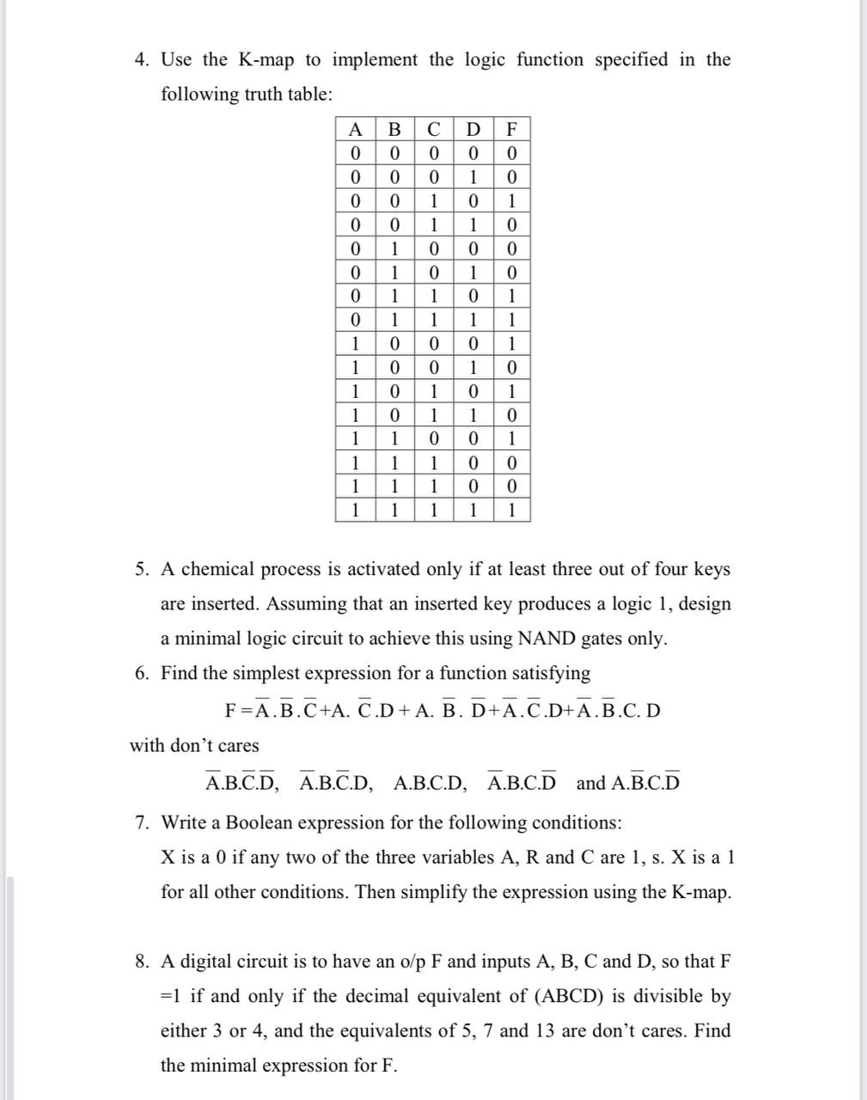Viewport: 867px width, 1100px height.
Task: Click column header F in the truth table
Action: [x=512, y=130]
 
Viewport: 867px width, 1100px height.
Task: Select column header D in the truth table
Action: [x=473, y=130]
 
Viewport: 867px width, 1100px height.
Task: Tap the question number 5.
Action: [x=142, y=569]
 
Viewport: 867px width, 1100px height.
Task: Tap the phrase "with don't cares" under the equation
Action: [x=194, y=745]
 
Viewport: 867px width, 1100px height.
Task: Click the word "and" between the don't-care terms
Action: [x=590, y=784]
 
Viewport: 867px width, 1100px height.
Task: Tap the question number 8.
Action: [x=142, y=961]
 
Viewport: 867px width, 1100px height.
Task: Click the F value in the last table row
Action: [x=512, y=510]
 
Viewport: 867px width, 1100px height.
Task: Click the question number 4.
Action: [x=142, y=59]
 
